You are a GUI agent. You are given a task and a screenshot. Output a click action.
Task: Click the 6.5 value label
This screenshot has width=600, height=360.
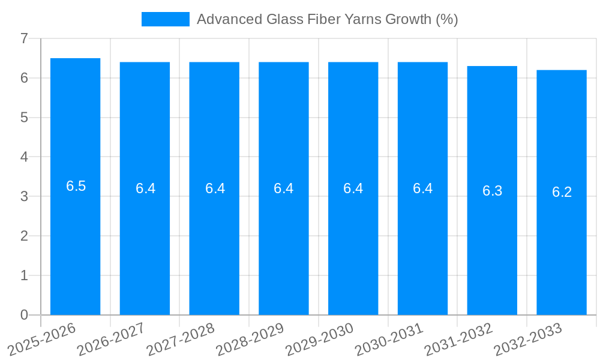(x=76, y=186)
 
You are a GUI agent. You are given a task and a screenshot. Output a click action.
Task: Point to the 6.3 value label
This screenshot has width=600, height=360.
(x=493, y=191)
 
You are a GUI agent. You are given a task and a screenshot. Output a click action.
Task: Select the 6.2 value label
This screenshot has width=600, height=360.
(x=562, y=192)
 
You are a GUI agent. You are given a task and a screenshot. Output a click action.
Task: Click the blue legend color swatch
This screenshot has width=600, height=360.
(x=165, y=19)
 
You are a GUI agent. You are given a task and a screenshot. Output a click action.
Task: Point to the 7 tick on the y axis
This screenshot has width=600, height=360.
(x=24, y=38)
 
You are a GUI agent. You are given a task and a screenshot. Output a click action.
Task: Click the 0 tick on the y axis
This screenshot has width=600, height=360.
(x=24, y=315)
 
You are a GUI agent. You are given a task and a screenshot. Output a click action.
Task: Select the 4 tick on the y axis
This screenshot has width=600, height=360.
(x=24, y=157)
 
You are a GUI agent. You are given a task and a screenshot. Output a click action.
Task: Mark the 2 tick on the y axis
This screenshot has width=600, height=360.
(x=24, y=236)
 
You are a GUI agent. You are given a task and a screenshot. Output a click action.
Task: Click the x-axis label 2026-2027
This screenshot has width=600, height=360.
(x=111, y=338)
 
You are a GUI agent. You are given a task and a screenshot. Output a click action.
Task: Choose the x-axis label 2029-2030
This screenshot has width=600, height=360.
(x=319, y=338)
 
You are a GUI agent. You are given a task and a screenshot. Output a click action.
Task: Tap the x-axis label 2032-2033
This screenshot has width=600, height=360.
(x=528, y=338)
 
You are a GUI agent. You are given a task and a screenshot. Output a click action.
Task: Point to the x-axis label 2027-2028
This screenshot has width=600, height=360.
(x=181, y=338)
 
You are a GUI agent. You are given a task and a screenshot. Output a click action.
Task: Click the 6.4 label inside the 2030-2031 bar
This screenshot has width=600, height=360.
(x=423, y=188)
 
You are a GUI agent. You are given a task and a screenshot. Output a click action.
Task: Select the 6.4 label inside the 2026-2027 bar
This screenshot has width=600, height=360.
(x=146, y=188)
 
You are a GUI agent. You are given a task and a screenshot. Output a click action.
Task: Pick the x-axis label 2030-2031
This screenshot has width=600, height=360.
(x=389, y=338)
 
